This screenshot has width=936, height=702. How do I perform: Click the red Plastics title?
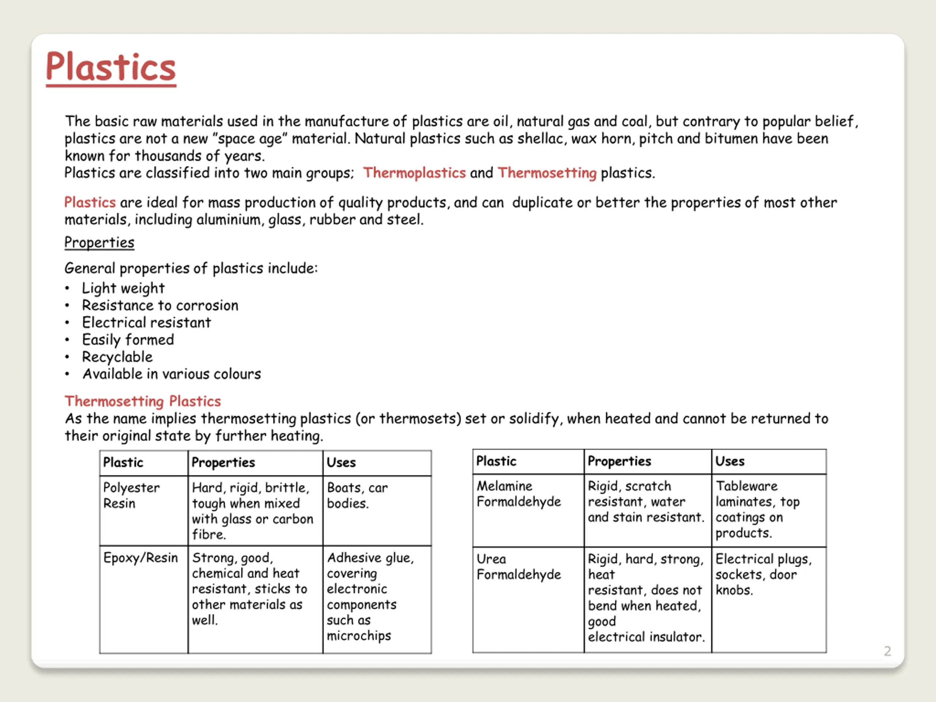pos(111,67)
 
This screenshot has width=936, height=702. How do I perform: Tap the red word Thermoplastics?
pos(414,173)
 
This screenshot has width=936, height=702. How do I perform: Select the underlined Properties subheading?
pos(99,242)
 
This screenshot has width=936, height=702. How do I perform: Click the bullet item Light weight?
pos(123,288)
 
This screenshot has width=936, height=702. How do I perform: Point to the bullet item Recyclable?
pos(117,357)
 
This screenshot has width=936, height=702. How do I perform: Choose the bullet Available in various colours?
pos(171,374)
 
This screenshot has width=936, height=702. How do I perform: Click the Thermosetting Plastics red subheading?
pos(143,401)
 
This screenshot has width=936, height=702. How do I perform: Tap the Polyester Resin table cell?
pos(131,495)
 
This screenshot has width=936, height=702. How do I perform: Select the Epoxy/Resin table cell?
pos(140,558)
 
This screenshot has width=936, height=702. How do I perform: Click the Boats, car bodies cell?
pos(357,495)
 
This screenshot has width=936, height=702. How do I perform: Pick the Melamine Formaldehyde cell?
pos(518,494)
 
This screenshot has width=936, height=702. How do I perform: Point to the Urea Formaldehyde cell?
pos(518,567)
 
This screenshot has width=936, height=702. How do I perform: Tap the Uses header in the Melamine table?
pos(729,461)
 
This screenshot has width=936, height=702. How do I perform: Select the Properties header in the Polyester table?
pos(223,463)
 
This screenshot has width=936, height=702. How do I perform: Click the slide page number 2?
pos(887,651)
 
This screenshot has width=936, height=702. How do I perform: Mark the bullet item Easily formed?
pos(128,340)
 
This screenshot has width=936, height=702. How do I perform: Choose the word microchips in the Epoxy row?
pos(359,635)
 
